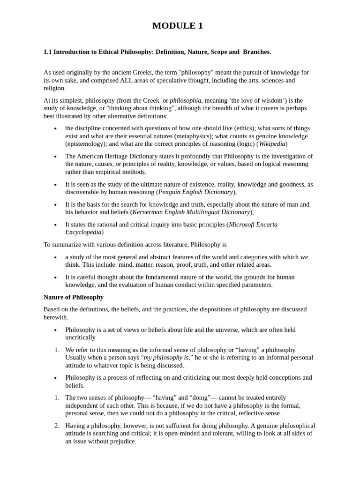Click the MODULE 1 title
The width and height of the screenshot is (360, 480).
[x=178, y=26]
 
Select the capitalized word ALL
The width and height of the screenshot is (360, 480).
[x=119, y=80]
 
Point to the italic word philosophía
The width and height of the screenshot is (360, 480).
[x=186, y=100]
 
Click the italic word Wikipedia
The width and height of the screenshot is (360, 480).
[x=272, y=144]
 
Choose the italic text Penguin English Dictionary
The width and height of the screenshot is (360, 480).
[x=195, y=192]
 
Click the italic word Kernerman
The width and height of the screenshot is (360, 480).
[x=150, y=212]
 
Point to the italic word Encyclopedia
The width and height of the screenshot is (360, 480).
[x=83, y=232]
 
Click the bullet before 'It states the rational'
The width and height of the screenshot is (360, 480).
[x=55, y=225]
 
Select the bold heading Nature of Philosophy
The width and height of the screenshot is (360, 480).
[x=74, y=297]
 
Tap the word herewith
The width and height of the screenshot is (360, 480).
[x=55, y=317]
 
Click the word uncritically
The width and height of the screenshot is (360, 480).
[x=80, y=337]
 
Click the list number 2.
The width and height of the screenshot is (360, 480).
[x=56, y=426]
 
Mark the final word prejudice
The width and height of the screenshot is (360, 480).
[x=121, y=442]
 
